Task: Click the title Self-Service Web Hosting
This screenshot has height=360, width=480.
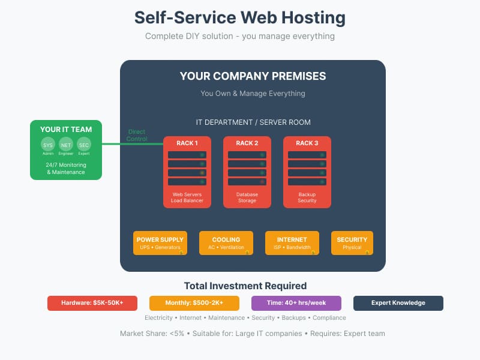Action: [x=240, y=17]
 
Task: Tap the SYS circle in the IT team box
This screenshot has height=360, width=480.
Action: [x=48, y=145]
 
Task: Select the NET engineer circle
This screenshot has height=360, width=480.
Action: [x=66, y=145]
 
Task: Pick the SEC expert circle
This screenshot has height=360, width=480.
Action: [x=84, y=145]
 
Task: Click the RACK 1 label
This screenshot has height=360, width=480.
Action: [x=187, y=143]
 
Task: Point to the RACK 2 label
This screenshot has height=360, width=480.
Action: [x=247, y=143]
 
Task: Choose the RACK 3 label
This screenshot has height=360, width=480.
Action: [x=307, y=143]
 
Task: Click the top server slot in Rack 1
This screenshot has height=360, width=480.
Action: [x=187, y=155]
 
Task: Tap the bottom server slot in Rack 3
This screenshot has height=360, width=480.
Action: [x=307, y=182]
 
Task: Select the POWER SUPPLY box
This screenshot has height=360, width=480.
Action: [x=160, y=243]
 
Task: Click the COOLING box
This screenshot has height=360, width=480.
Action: [x=226, y=243]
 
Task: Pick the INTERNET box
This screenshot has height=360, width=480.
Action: [x=292, y=243]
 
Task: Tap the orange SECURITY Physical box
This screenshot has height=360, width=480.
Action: [x=352, y=243]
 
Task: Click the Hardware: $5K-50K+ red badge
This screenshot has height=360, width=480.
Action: [x=92, y=303]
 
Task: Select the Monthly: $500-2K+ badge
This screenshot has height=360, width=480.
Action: [x=194, y=303]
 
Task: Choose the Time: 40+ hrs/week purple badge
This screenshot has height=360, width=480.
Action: [x=296, y=303]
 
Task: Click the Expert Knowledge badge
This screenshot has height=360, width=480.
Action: [x=398, y=303]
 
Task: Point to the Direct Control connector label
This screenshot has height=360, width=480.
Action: [x=136, y=136]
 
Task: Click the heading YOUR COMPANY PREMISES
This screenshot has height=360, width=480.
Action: [x=253, y=76]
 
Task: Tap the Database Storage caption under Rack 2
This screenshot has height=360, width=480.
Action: [x=247, y=197]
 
